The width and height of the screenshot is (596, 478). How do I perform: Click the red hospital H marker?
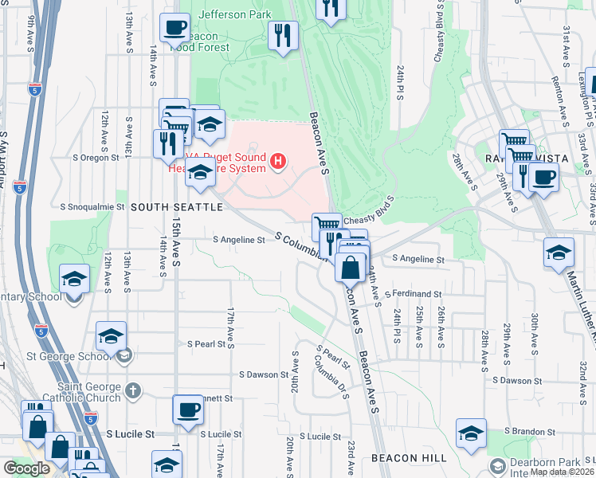(278, 163)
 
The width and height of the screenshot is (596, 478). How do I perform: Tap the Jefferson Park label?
(234, 14)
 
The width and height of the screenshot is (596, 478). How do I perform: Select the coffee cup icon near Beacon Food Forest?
(174, 29)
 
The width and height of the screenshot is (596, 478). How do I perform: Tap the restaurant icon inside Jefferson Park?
(283, 35)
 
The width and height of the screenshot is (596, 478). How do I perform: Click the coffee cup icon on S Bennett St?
(188, 409)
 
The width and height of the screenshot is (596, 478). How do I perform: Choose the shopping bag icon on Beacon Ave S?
(351, 269)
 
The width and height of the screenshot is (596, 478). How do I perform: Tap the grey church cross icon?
(133, 391)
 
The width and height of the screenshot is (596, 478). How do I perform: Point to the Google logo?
(27, 468)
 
